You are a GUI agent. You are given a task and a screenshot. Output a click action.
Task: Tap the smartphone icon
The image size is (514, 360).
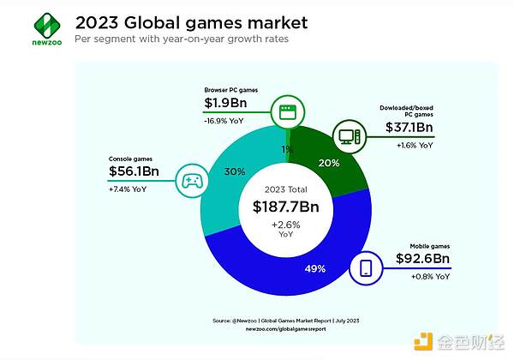pyautogui.click(x=366, y=268)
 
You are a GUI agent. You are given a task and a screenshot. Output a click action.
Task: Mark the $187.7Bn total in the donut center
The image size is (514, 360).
pyautogui.click(x=286, y=206)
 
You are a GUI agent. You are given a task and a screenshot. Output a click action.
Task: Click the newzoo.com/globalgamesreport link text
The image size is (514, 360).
pyautogui.click(x=286, y=327)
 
